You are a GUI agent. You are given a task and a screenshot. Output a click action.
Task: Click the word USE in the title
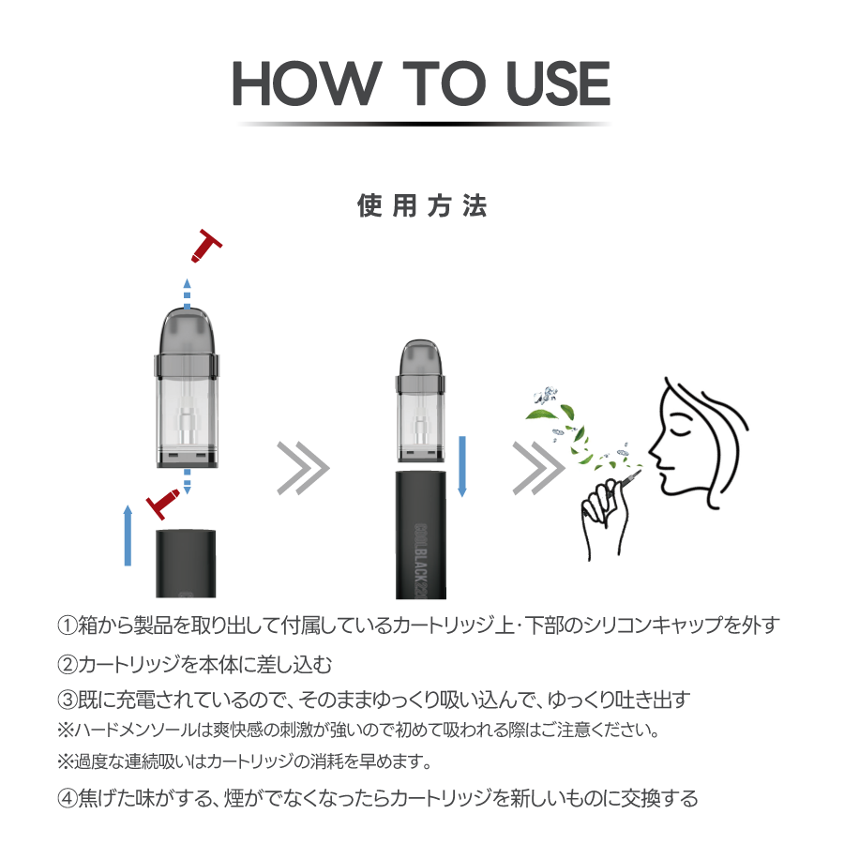[558, 83]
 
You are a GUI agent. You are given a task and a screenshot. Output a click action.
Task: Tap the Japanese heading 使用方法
[422, 206]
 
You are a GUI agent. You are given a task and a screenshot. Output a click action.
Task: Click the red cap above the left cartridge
[206, 246]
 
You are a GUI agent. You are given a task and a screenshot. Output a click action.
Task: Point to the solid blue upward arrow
[128, 535]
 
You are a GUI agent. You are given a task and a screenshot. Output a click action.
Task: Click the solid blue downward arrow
[461, 466]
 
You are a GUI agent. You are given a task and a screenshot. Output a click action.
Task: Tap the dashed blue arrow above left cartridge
[187, 294]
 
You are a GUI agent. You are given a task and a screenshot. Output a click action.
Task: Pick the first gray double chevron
[303, 468]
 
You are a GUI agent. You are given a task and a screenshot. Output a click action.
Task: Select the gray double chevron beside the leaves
[538, 468]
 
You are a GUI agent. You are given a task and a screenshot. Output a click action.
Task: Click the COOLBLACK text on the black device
[421, 561]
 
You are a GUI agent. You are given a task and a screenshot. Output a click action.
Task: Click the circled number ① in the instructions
[68, 625]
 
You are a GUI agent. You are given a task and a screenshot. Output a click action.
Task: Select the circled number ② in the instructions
[68, 665]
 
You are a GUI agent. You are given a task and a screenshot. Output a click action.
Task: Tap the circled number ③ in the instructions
[68, 700]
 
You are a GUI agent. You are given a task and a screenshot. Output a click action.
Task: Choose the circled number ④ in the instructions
[68, 798]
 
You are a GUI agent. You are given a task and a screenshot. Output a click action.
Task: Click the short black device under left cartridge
[186, 564]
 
